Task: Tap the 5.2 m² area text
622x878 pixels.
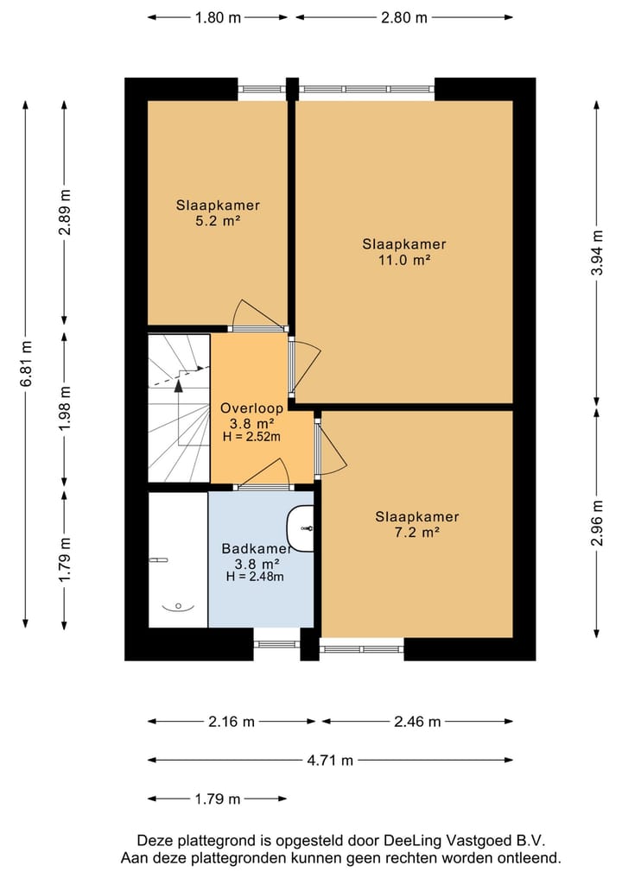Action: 218,221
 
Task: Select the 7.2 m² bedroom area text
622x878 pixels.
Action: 417,532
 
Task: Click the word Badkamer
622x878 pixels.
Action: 256,549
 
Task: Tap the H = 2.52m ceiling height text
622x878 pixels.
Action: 251,437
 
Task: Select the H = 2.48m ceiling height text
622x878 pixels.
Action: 255,576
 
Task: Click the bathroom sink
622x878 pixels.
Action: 301,528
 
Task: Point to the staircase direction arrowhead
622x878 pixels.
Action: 179,385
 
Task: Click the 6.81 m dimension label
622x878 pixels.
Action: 26,363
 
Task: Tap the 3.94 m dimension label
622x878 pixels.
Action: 597,253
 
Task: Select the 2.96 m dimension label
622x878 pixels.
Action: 597,522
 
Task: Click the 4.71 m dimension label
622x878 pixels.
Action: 330,760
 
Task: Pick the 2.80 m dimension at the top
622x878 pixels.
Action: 404,18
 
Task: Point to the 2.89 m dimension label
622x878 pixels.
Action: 65,212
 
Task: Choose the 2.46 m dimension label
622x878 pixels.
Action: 417,722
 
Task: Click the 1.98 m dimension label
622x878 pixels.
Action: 65,408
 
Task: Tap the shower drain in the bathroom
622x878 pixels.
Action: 178,606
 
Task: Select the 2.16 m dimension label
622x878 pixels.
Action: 232,722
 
